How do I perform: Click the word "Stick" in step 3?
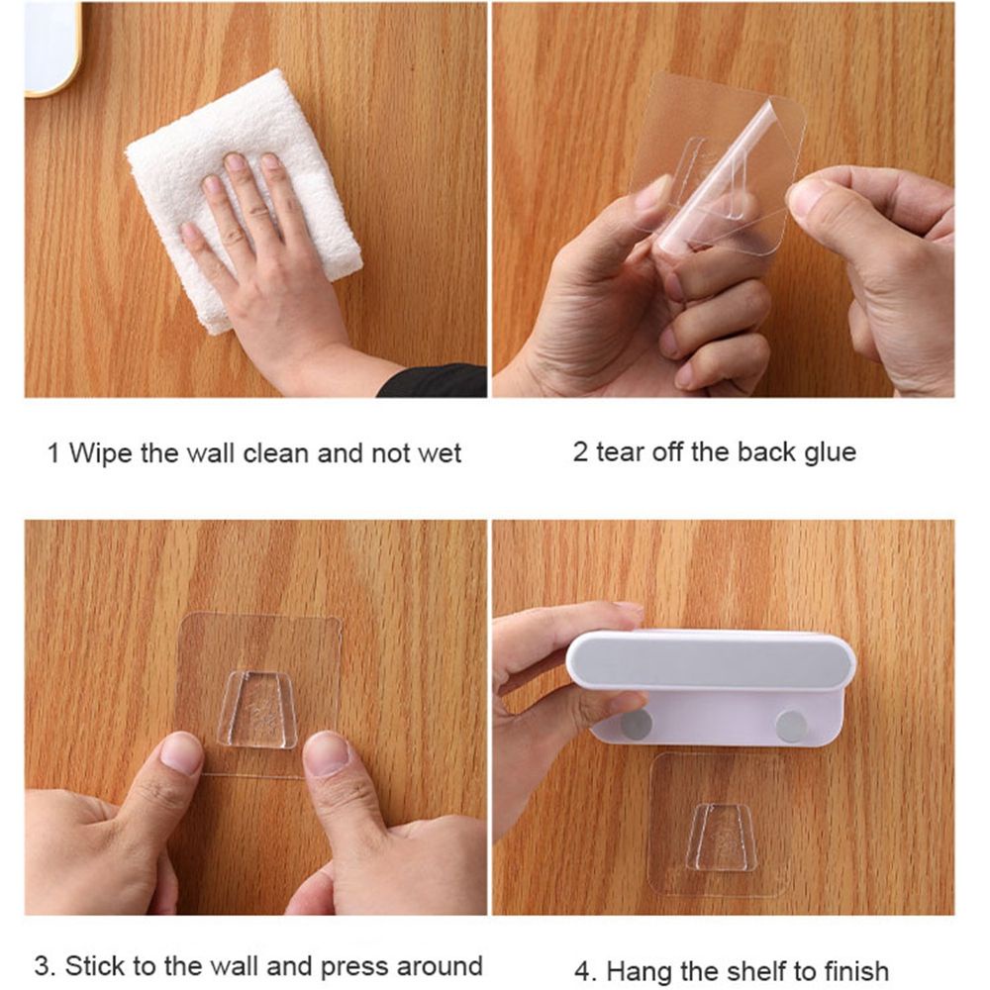[x=95, y=966]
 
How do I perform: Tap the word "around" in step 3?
[x=440, y=967]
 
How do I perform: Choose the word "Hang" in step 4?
[x=638, y=971]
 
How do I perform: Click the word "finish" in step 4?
[x=856, y=970]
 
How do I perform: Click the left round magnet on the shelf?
[x=636, y=725]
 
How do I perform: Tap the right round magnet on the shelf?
[x=791, y=726]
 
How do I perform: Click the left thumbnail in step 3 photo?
[x=181, y=752]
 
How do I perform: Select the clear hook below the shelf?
[x=722, y=838]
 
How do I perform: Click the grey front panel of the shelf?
[x=710, y=661]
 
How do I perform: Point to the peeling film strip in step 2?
[x=717, y=170]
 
